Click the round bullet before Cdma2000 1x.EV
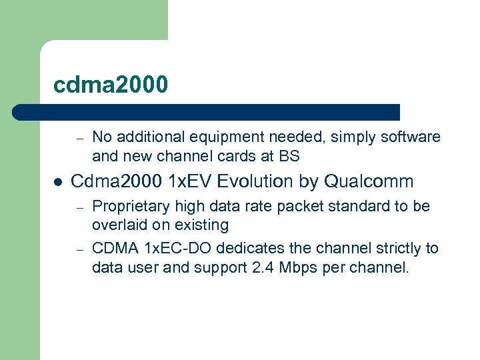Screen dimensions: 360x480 [58, 182]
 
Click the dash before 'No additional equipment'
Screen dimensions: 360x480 [79, 139]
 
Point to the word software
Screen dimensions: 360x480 [410, 137]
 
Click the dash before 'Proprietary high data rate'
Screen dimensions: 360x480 [79, 207]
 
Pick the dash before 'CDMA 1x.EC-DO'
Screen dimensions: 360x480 [79, 249]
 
